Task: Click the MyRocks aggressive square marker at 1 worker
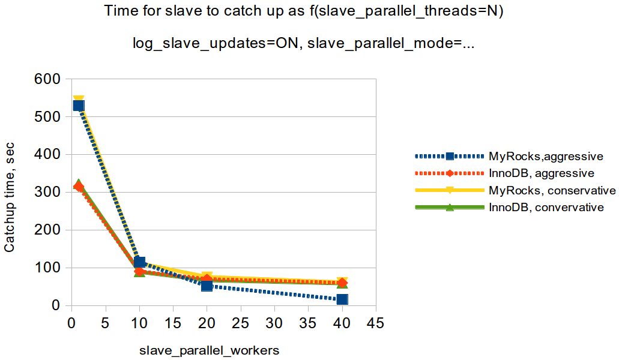(x=78, y=105)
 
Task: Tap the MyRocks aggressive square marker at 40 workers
(x=342, y=299)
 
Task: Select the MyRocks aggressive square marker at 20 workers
(x=207, y=286)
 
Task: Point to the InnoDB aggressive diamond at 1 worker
(x=78, y=187)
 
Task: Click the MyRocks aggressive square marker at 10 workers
(x=139, y=262)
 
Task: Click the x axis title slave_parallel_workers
(x=210, y=349)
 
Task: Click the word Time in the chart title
(x=118, y=11)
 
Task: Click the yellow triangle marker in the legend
(x=450, y=191)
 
